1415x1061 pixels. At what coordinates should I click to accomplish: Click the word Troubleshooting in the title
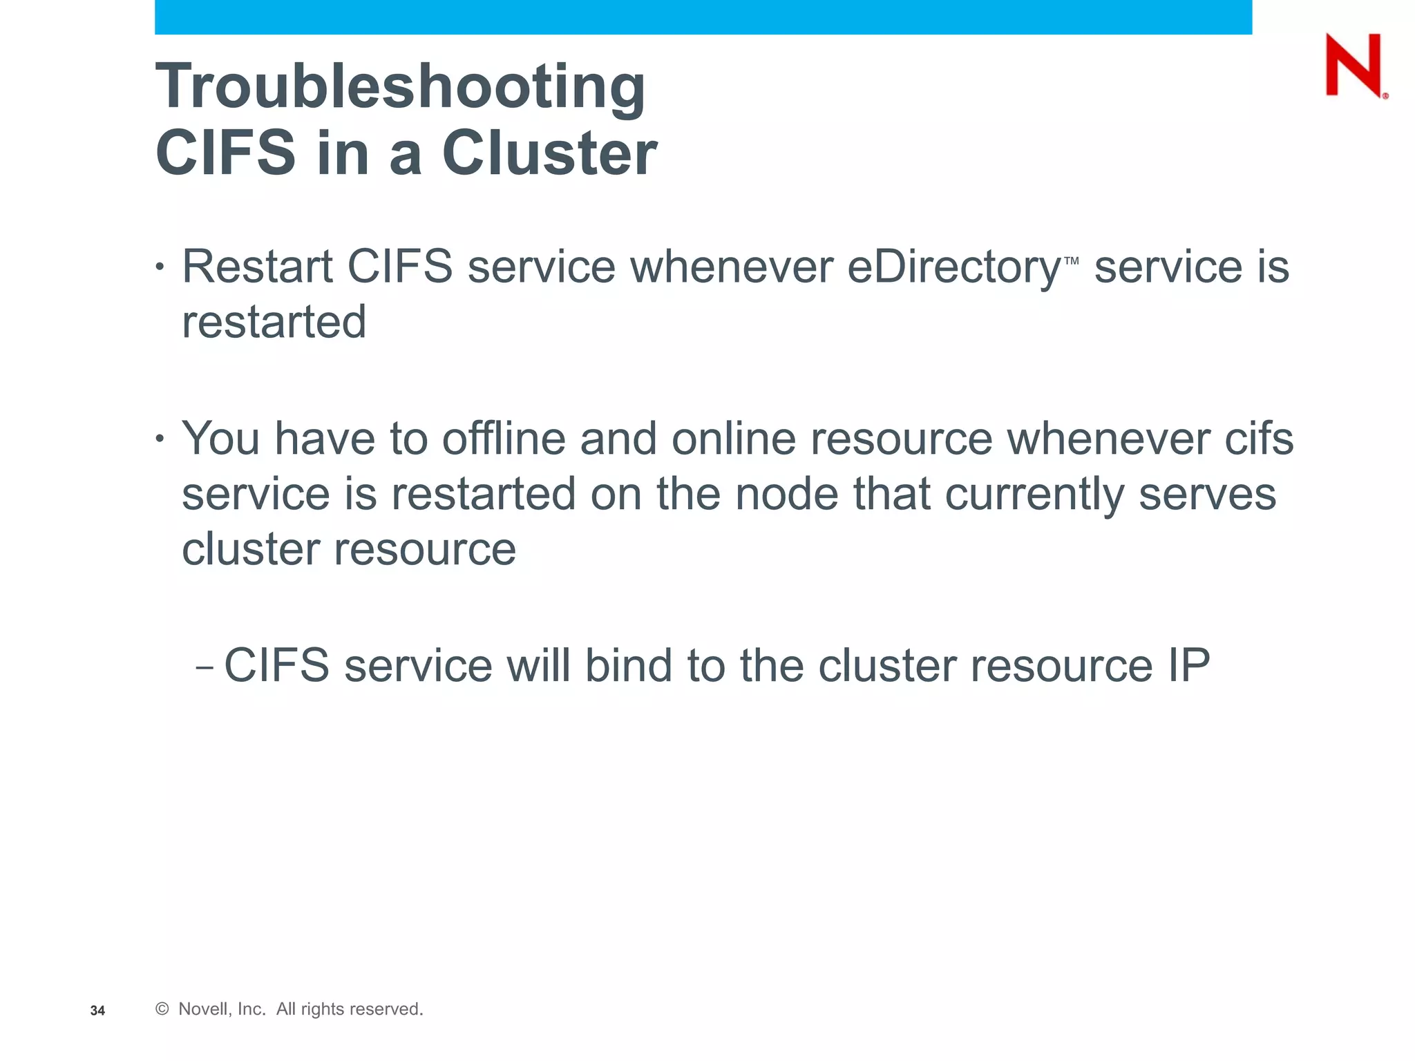pos(400,87)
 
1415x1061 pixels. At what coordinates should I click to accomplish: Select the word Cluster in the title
pos(549,153)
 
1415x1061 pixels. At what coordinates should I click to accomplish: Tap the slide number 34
pos(97,1011)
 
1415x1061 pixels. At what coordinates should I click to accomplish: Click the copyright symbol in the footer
pos(162,1009)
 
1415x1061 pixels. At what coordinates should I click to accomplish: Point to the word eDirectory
pos(953,267)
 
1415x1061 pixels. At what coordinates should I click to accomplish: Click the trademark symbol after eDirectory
pos(1072,261)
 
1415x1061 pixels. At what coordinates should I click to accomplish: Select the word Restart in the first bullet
pos(258,267)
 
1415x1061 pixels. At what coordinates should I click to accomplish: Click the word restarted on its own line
pos(274,322)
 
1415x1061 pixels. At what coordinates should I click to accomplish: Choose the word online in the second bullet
pos(733,439)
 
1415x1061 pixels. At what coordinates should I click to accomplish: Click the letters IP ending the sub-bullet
pos(1188,666)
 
